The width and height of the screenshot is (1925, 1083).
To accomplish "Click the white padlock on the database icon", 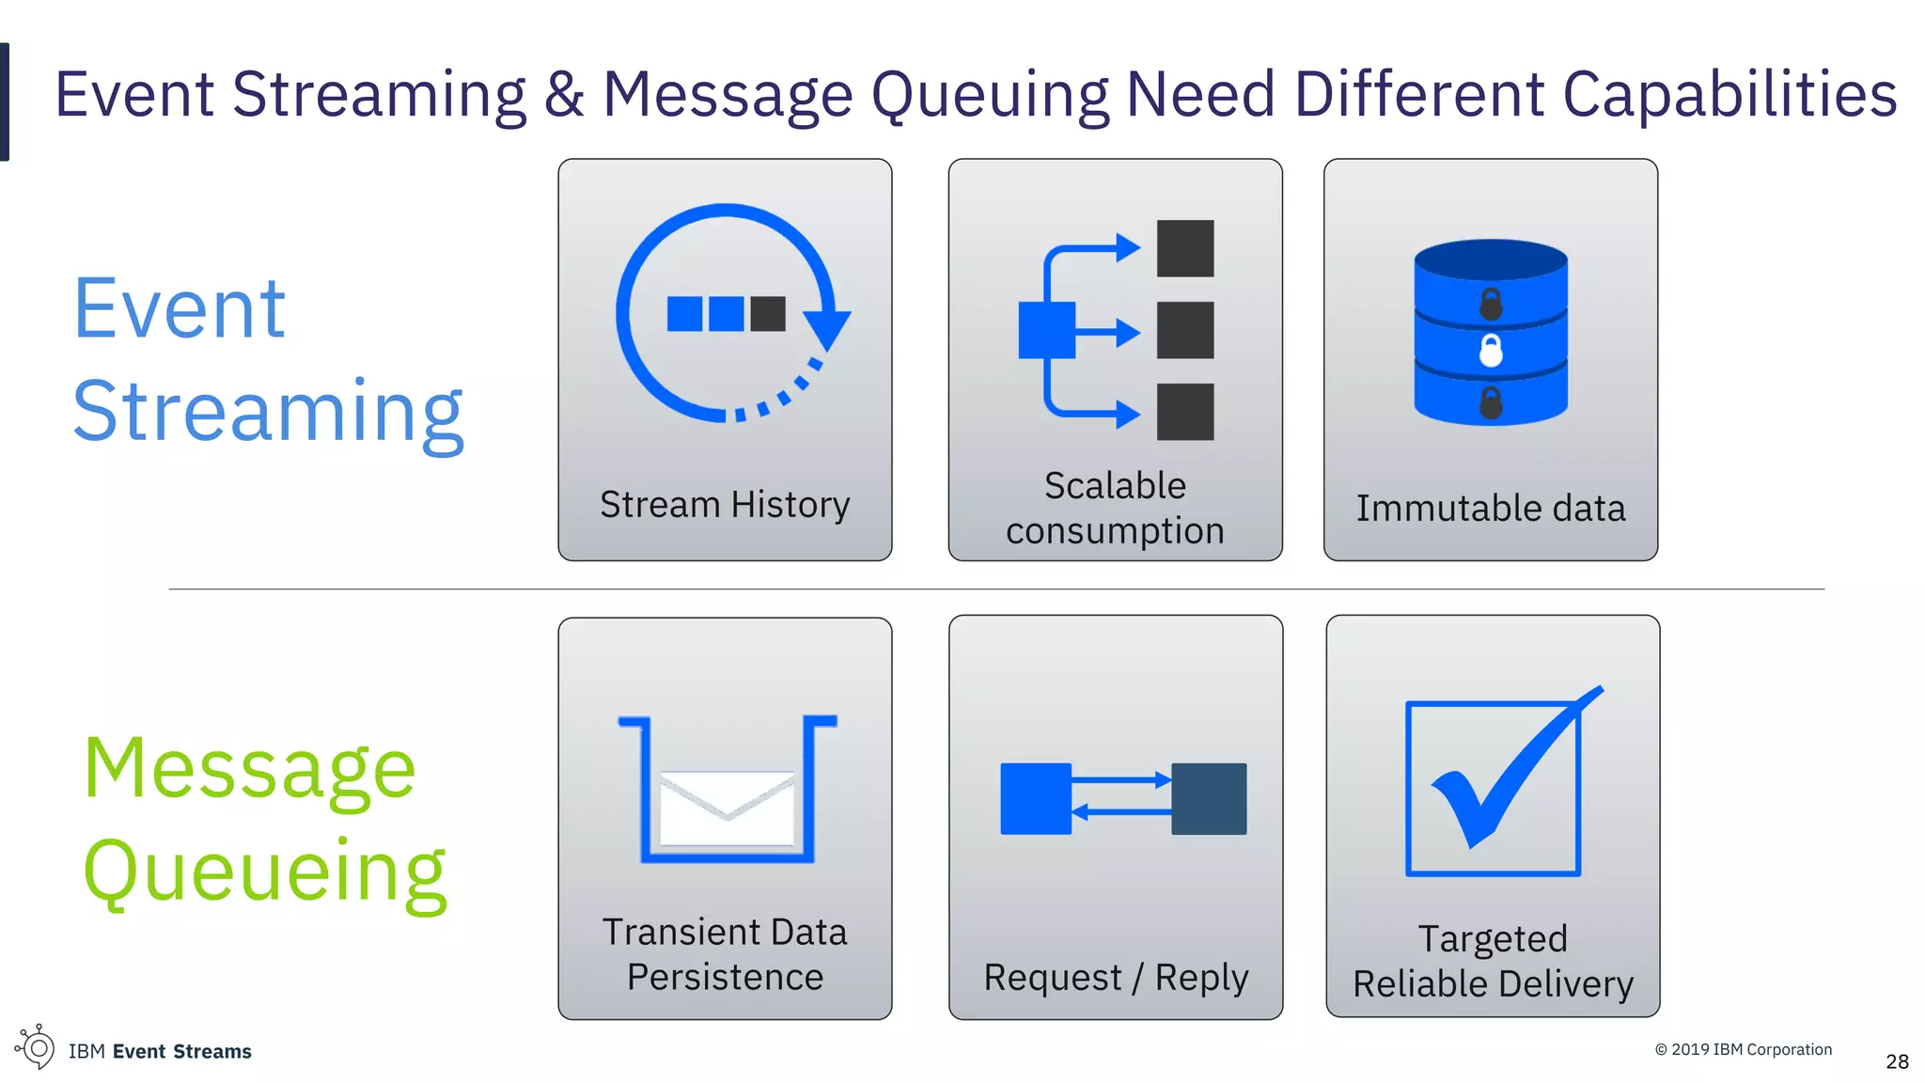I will point(1491,351).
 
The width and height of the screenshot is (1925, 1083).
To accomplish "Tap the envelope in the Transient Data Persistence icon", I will point(727,808).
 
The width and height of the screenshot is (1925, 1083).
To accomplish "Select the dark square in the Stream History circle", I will point(768,314).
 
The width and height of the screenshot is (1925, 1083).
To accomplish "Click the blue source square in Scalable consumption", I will point(1046,330).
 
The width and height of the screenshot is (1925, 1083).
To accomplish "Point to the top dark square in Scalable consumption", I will point(1184,248).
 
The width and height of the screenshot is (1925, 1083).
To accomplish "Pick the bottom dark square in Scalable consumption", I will point(1184,412).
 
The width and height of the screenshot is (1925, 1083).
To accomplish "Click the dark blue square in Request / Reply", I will point(1209,798).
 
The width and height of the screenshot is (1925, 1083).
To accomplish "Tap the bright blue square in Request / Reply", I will point(1036,798).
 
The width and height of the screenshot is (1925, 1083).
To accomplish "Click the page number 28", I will point(1897,1061).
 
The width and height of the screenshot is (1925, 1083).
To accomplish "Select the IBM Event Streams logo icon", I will point(36,1046).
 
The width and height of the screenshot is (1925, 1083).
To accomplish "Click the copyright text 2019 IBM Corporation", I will point(1744,1049).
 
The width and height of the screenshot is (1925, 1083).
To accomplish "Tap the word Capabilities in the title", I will point(1729,95).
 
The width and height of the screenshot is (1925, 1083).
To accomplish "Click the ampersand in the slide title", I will point(564,95).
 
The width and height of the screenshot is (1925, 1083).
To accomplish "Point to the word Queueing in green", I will point(265,871).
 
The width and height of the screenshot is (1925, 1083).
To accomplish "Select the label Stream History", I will point(725,505).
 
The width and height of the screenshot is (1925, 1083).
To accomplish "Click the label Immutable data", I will point(1490,509).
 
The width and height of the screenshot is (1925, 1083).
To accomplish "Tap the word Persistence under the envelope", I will point(725,977).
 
